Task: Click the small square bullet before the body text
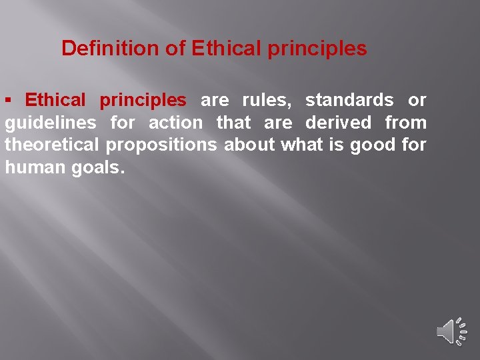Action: point(9,100)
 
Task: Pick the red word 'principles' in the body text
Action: point(143,101)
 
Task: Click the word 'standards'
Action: point(349,101)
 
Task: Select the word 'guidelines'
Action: point(46,123)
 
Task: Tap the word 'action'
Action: point(175,123)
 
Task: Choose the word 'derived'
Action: point(338,123)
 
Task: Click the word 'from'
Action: point(405,123)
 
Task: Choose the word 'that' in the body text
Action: point(233,123)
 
